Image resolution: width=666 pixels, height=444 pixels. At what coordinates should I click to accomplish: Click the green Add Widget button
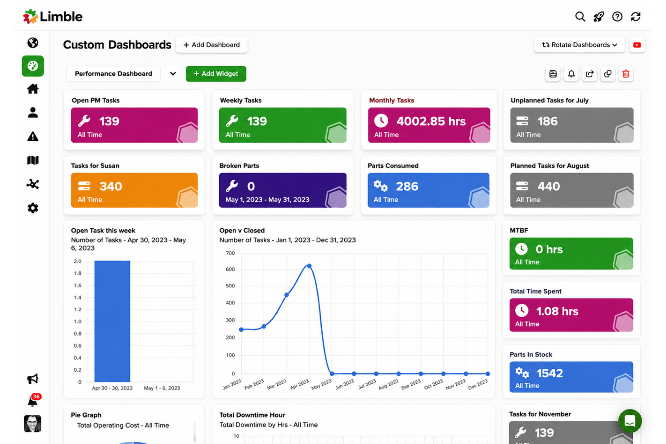click(x=216, y=74)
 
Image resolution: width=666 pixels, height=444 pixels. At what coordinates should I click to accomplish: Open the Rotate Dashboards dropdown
click(x=579, y=45)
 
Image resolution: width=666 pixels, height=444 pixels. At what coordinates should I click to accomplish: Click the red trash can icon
click(x=626, y=74)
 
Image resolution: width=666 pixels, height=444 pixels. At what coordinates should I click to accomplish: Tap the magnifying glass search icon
click(x=580, y=17)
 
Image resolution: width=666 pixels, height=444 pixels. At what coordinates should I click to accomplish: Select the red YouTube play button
click(x=637, y=45)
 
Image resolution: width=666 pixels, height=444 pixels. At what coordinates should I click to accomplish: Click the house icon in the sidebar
click(x=33, y=89)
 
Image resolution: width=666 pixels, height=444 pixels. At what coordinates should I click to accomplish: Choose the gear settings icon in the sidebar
click(x=33, y=208)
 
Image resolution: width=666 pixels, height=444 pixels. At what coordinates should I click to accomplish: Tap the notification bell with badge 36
click(x=33, y=400)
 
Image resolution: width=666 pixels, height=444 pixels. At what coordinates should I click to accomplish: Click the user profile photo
click(x=32, y=423)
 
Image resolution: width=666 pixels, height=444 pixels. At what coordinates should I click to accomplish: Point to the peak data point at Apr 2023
click(x=309, y=266)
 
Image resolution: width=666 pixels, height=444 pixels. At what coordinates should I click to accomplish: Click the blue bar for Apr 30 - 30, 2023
click(x=112, y=321)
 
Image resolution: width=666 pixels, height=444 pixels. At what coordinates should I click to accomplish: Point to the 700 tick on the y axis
click(x=230, y=253)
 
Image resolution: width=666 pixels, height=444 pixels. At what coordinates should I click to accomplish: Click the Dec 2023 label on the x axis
click(x=478, y=384)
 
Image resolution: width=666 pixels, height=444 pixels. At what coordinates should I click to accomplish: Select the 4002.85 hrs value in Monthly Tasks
click(x=431, y=121)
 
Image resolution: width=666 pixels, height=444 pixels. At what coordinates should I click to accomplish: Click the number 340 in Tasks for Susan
click(x=111, y=186)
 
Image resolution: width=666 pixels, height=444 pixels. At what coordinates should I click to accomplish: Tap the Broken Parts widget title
click(x=239, y=166)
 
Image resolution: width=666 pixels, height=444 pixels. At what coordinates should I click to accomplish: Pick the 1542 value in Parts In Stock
click(x=550, y=373)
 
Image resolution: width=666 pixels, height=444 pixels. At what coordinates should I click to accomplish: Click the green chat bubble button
click(x=630, y=421)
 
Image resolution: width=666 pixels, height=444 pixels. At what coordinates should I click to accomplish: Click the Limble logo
click(x=53, y=17)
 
